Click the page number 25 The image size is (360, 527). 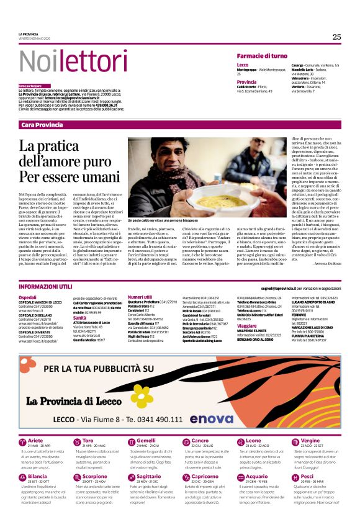pyautogui.click(x=336, y=37)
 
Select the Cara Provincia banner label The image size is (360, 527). pyautogui.click(x=42, y=125)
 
